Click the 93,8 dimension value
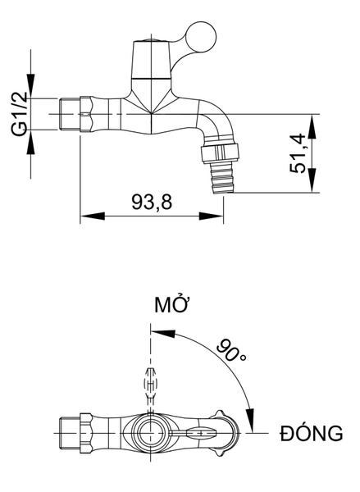point(152,202)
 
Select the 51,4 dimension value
point(297,153)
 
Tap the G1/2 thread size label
point(20,115)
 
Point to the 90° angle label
point(231,350)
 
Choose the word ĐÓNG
point(312,433)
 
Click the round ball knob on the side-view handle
point(201,37)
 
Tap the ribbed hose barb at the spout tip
point(222,178)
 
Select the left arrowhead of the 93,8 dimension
point(93,216)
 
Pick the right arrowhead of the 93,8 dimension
point(212,216)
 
